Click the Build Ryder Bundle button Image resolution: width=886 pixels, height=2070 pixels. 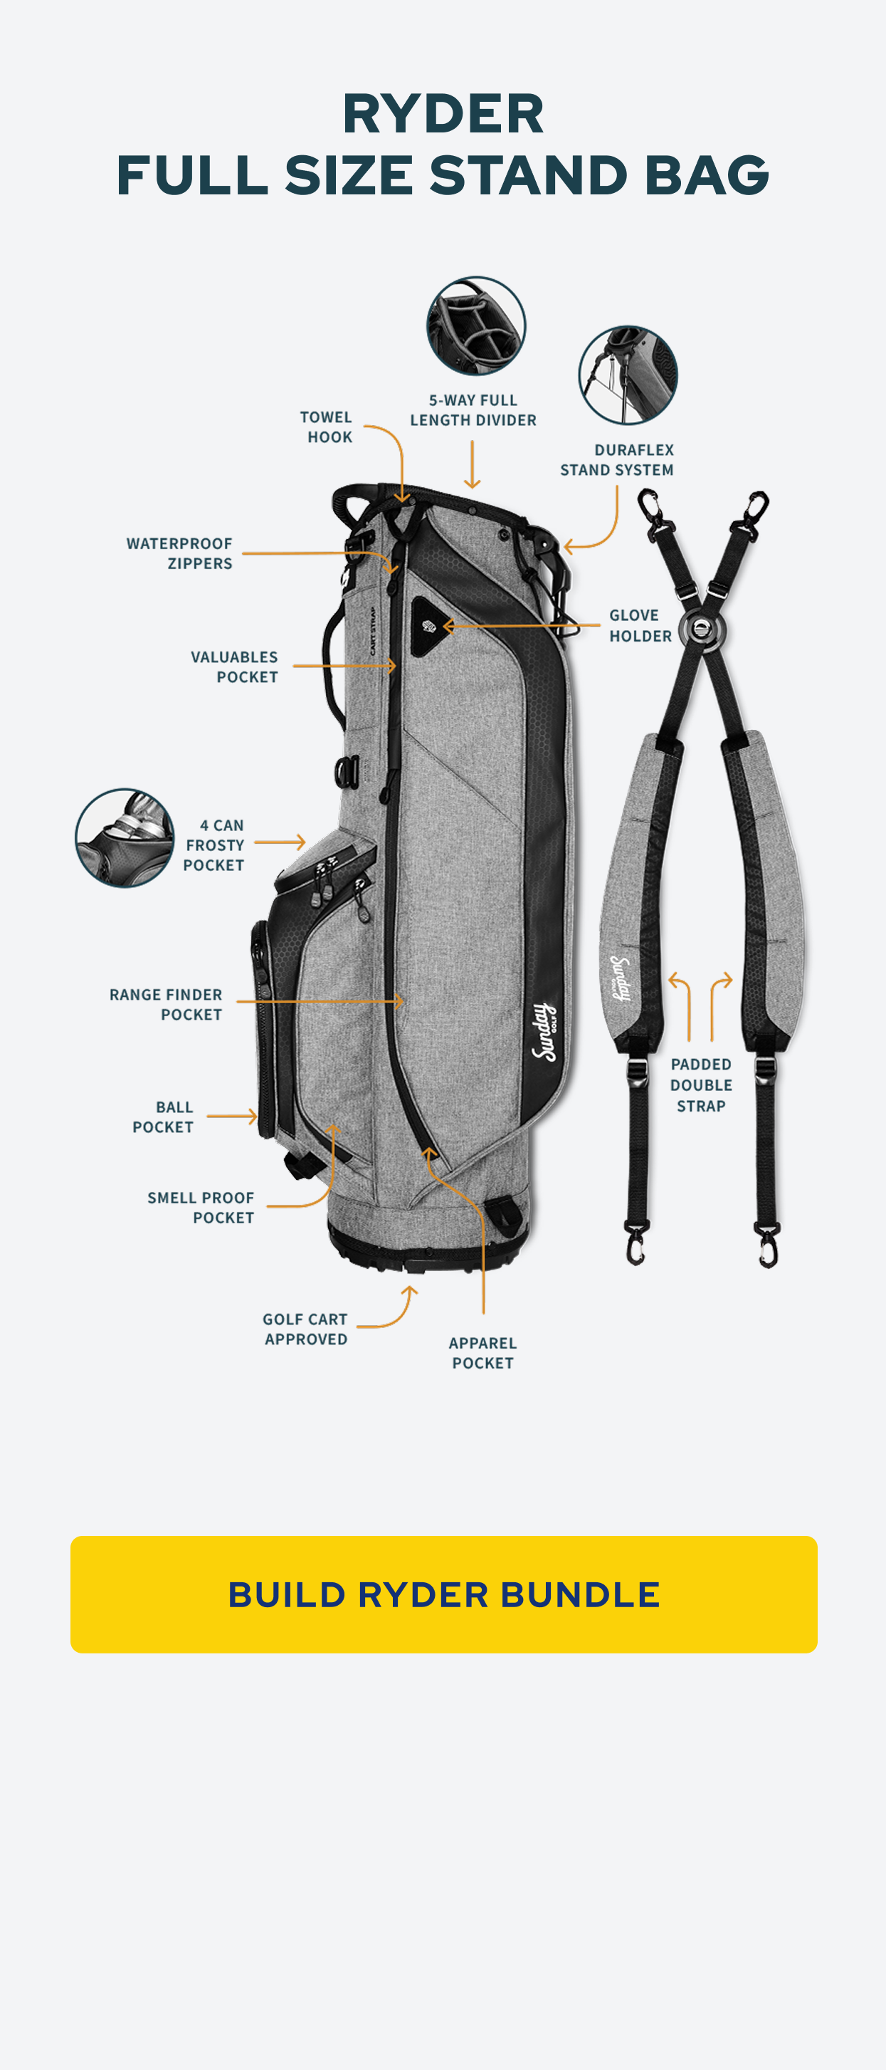click(x=443, y=1594)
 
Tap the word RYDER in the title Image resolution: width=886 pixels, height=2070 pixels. click(x=443, y=113)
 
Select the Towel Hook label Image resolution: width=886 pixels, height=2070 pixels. click(x=326, y=427)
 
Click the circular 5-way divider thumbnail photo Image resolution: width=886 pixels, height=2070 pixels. click(x=475, y=325)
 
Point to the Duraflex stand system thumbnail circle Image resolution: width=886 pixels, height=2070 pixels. click(x=628, y=375)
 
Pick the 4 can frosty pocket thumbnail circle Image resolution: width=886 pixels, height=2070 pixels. click(x=125, y=837)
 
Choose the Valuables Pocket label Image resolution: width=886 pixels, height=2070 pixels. click(x=235, y=667)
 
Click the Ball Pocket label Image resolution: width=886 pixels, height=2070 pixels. click(x=164, y=1117)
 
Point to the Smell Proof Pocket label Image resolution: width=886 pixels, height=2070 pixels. click(x=201, y=1207)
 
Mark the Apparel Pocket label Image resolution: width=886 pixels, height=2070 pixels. click(x=482, y=1352)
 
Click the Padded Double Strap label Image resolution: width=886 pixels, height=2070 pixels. click(x=700, y=1084)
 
